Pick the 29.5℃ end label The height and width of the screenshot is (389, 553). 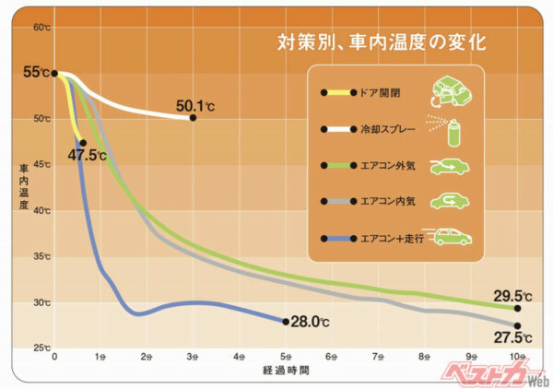(x=512, y=296)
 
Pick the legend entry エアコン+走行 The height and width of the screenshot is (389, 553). (x=387, y=239)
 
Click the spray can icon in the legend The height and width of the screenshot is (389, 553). (x=450, y=130)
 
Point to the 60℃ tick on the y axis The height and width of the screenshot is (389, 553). (x=41, y=27)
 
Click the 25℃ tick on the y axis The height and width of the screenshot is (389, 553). (x=41, y=348)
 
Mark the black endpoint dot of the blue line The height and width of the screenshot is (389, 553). (x=285, y=321)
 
